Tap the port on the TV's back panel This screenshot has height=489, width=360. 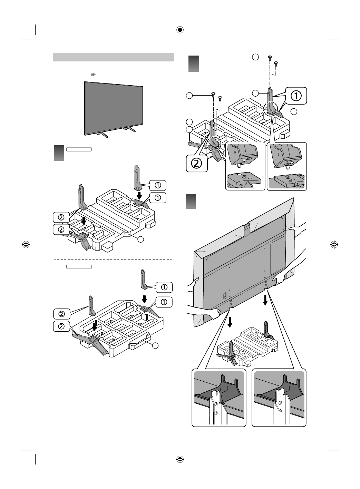(224, 296)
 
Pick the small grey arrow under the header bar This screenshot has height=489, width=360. (93, 74)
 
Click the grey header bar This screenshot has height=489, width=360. (113, 57)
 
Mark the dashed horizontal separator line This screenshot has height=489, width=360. (113, 258)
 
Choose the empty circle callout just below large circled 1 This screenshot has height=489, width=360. (293, 111)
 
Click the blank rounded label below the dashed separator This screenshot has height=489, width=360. (79, 266)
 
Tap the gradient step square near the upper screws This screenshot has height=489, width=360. (194, 62)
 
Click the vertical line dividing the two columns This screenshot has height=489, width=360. (180, 242)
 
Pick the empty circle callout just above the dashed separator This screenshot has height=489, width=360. (141, 239)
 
